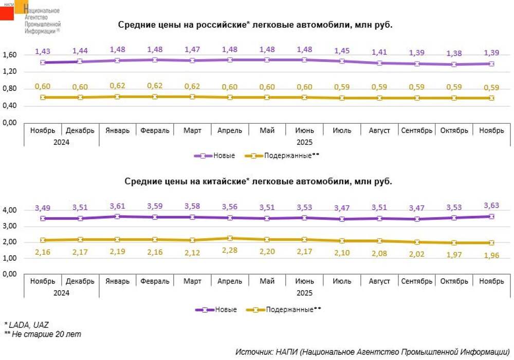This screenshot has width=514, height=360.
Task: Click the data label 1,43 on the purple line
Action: pyautogui.click(x=43, y=51)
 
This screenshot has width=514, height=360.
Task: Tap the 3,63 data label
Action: pyautogui.click(x=491, y=205)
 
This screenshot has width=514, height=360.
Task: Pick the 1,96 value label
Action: pyautogui.click(x=491, y=255)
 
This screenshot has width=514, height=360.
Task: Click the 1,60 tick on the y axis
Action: pyautogui.click(x=10, y=55)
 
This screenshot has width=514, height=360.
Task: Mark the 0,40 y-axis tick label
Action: pyautogui.click(x=10, y=105)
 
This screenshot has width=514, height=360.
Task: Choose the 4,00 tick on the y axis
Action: pyautogui.click(x=10, y=210)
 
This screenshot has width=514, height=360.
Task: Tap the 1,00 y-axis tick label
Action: pyautogui.click(x=10, y=258)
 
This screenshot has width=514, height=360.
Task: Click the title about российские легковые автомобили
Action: pyautogui.click(x=255, y=25)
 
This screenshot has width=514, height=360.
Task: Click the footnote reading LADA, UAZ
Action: pyautogui.click(x=27, y=325)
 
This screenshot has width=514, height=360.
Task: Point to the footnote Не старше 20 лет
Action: pyautogui.click(x=43, y=334)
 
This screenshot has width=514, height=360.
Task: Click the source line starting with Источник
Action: pyautogui.click(x=372, y=352)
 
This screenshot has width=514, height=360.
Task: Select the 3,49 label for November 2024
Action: pyautogui.click(x=43, y=207)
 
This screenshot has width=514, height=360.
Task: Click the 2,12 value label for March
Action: pyautogui.click(x=192, y=251)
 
